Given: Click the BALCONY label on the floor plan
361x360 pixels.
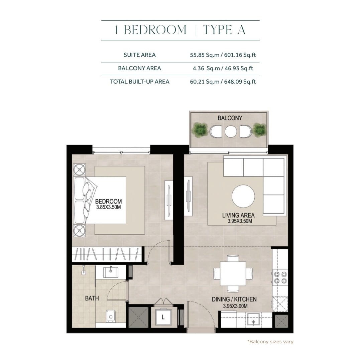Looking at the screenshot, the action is point(230,118).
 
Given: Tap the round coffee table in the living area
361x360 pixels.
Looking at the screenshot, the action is point(243,196).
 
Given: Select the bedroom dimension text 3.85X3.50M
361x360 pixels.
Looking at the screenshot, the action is point(108,207).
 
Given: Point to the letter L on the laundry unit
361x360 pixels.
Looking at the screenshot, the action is point(163,317).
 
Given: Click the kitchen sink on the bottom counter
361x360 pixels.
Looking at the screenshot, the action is point(253,320).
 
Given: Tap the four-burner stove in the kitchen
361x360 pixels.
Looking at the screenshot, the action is point(280,277).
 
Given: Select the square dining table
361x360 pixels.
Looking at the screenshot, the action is point(233,273).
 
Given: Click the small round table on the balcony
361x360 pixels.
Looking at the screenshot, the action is point(231,132).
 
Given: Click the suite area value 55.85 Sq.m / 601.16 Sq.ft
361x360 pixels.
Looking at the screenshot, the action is point(223,55).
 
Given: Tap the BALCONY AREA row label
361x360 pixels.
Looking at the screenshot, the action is point(139,69).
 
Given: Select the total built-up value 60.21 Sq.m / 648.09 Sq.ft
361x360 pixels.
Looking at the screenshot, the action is point(223,82).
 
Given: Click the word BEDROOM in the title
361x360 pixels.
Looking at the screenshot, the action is point(155,30).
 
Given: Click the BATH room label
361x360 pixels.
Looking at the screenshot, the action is point(92,298).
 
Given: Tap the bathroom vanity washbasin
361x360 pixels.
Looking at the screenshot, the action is point(111,272).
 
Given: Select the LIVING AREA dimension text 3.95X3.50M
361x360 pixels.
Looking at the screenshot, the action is point(240,221).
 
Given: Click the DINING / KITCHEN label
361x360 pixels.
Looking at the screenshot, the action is point(234,299).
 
